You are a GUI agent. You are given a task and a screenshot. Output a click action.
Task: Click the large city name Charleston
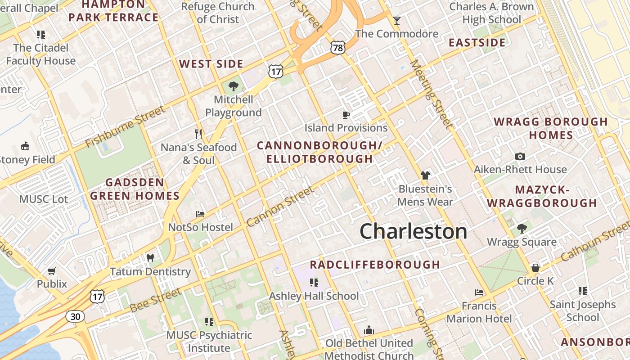click(414, 231)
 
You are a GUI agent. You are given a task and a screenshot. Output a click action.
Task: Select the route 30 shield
click(75, 316)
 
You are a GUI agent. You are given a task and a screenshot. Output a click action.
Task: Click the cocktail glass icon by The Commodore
click(396, 21)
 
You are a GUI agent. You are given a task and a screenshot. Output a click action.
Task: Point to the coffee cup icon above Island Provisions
click(346, 115)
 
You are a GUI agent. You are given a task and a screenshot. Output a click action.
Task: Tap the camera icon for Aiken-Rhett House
click(520, 157)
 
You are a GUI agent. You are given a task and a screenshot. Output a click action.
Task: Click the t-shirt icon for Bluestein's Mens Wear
click(425, 175)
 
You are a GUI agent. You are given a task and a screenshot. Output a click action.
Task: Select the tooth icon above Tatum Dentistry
click(150, 258)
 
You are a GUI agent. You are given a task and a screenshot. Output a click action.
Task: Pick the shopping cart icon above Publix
click(52, 271)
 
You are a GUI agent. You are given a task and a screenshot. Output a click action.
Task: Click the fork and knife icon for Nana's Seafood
click(198, 134)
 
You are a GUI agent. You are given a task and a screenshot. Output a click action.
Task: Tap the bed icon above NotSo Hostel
click(200, 214)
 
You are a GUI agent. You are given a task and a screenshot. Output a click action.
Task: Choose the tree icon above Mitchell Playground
click(233, 86)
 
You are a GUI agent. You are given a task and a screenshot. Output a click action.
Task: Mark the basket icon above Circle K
click(535, 268)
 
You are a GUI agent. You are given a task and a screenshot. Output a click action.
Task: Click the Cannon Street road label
click(280, 207)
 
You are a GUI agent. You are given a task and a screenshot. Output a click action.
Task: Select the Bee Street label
click(155, 300)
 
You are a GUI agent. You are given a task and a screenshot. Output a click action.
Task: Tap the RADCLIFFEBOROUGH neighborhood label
click(375, 265)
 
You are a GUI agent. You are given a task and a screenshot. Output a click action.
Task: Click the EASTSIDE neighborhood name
click(477, 43)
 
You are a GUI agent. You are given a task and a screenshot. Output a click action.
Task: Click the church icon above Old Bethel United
click(369, 330)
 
